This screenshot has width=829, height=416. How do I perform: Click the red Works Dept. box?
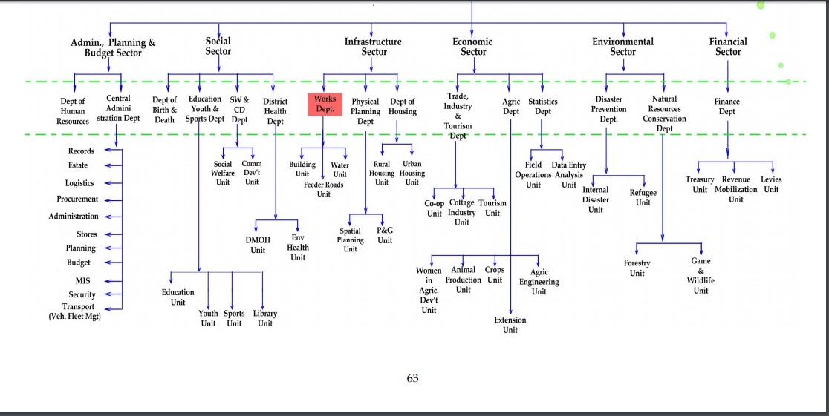(325, 104)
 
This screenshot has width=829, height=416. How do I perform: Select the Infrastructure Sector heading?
(374, 47)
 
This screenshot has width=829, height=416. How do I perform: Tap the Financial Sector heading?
(728, 47)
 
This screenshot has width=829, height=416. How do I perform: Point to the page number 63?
(413, 378)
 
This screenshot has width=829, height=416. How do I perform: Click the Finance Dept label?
(726, 107)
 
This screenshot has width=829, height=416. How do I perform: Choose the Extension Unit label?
(510, 325)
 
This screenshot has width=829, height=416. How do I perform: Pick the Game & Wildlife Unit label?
(700, 276)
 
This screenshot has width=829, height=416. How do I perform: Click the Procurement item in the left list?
(77, 199)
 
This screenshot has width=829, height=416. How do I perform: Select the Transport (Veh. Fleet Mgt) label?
(74, 311)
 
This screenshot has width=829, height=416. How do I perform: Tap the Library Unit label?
(265, 318)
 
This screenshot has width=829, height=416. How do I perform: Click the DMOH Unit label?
(258, 245)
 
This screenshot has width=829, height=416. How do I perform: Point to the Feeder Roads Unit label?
(323, 189)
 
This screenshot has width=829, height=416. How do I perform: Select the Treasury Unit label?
(700, 185)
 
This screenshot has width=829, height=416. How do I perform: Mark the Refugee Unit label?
(643, 197)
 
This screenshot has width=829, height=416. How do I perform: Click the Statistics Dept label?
(543, 107)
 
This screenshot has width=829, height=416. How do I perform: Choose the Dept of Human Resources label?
(73, 111)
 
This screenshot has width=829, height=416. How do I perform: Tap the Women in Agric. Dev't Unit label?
(429, 291)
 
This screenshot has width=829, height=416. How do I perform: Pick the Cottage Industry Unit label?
(461, 213)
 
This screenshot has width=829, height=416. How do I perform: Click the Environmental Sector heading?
(622, 47)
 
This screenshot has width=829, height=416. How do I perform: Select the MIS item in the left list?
(82, 281)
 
